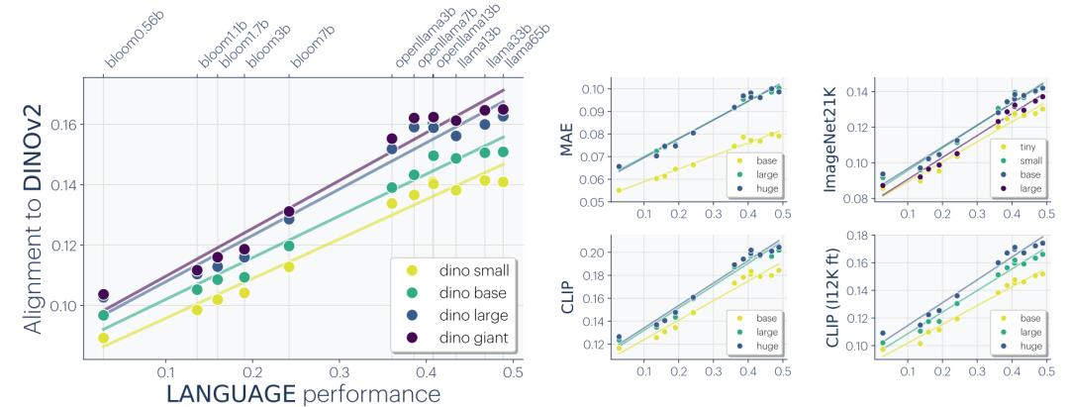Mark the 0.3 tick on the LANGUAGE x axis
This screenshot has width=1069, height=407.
(340, 371)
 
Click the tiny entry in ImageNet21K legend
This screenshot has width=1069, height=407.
(1021, 146)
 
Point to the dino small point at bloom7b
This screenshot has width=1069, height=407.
(289, 266)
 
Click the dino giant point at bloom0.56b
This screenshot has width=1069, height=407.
(104, 295)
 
